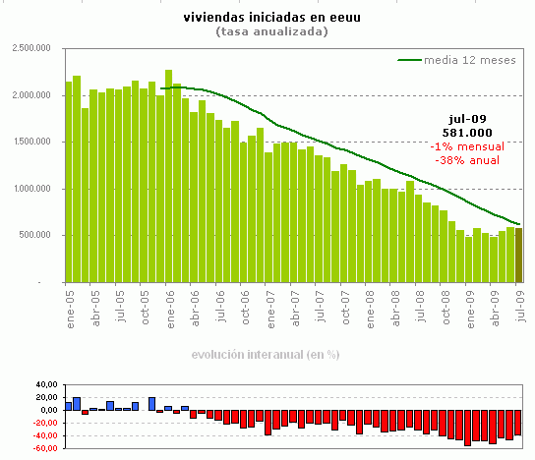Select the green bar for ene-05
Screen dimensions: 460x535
click(x=69, y=182)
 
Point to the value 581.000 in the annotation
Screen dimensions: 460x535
click(x=468, y=132)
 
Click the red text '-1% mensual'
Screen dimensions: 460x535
click(x=468, y=145)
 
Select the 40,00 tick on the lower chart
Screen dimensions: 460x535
click(x=45, y=385)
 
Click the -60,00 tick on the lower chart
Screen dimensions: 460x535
click(x=44, y=448)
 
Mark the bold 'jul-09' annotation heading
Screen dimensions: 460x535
click(x=468, y=118)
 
